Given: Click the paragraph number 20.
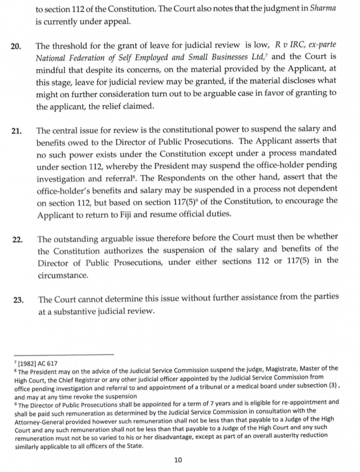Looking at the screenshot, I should [16, 47].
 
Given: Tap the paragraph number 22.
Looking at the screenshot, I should [17, 240].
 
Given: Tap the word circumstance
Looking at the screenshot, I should [63, 276].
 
